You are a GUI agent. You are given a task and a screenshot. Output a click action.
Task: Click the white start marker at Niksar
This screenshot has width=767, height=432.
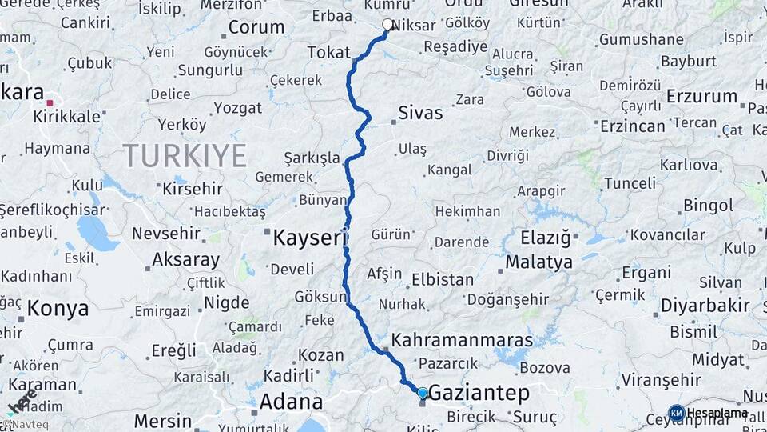pos(388,25)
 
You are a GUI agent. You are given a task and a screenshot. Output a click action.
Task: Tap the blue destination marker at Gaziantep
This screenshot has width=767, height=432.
pos(423,393)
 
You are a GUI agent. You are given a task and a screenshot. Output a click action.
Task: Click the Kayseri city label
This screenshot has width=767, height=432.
pos(310,238)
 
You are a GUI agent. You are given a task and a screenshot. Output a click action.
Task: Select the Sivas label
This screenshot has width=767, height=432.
pos(420,113)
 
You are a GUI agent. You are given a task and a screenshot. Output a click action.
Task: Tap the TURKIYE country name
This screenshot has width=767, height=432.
pos(185,155)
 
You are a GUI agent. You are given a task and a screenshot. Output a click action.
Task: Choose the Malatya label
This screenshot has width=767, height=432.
pos(538,262)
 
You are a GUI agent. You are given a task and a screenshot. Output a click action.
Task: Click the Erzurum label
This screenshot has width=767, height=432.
pos(701,97)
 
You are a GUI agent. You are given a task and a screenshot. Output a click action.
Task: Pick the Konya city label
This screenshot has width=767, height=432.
pos(57,308)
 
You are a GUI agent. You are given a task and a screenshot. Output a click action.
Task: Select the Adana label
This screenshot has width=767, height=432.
pos(292,402)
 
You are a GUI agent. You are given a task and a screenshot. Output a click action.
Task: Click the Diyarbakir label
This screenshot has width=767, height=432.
pos(705,306)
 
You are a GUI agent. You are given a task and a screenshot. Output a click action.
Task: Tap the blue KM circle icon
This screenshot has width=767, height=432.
pos(677,413)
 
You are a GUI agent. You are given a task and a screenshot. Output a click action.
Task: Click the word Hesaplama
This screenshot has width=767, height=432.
pos(717,413)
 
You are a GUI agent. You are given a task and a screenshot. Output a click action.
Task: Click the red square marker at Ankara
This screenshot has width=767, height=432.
pos(50,102)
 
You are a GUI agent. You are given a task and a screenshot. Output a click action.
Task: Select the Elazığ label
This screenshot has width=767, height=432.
pos(546,238)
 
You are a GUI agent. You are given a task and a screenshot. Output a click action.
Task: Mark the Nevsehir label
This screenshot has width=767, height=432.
pos(165,234)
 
